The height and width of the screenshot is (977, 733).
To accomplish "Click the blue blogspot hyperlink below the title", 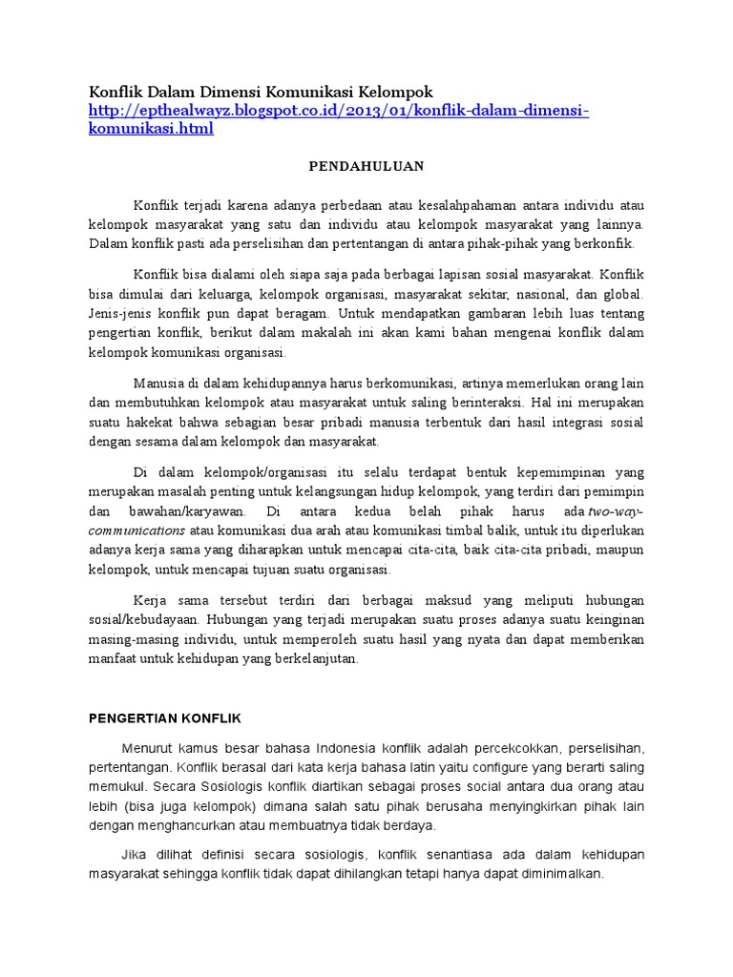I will coord(339,112).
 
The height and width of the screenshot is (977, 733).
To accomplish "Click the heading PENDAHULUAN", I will coord(366,165).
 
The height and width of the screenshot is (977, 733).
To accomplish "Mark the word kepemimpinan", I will coord(554,472).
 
